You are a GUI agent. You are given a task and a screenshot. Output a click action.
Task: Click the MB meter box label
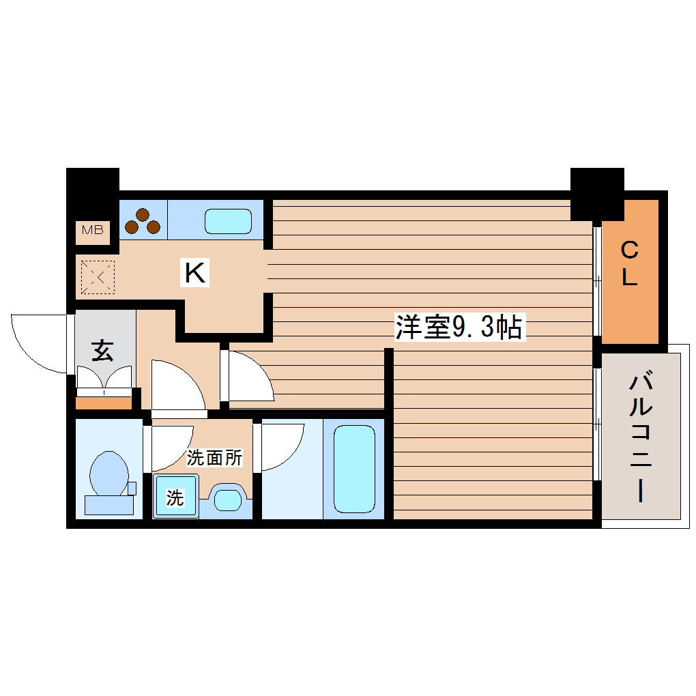[93, 230]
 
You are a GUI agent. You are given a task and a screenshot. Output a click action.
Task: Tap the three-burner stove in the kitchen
[143, 220]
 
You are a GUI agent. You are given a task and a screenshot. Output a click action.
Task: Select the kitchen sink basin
[228, 221]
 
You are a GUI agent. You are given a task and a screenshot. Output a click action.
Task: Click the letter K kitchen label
[194, 274]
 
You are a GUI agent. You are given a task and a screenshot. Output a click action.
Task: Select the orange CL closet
[629, 272]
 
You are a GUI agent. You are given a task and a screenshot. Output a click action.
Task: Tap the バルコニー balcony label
[641, 437]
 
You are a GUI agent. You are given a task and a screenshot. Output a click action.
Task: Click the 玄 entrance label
[102, 351]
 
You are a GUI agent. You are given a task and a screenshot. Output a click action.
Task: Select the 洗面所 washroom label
[214, 459]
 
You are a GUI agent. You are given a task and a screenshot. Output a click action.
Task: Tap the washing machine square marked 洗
[175, 497]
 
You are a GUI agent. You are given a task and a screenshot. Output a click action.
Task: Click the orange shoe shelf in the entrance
[104, 403]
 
